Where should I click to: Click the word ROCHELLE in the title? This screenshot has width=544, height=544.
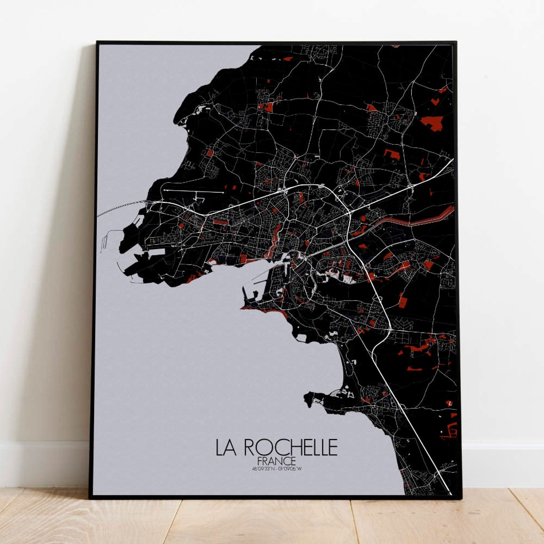(291, 448)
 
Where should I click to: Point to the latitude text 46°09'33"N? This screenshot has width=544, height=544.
(264, 468)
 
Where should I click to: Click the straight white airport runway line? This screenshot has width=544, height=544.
(193, 192)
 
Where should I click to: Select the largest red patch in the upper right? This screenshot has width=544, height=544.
(431, 122)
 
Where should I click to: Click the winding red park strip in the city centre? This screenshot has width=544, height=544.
(274, 239)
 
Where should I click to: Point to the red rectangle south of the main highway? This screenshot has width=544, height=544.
(220, 222)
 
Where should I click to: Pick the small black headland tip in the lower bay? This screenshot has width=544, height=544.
(309, 397)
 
